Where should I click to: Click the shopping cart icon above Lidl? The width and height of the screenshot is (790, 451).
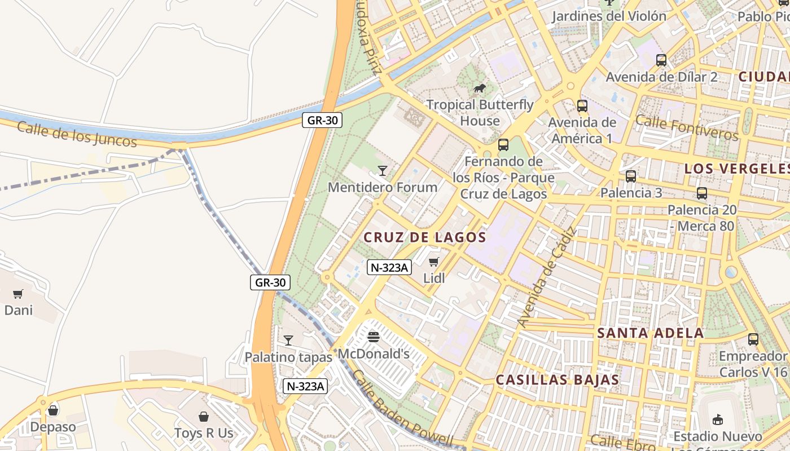(x=433, y=262)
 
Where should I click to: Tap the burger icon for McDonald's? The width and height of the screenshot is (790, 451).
(x=373, y=337)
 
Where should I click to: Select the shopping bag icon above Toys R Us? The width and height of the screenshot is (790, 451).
(x=204, y=417)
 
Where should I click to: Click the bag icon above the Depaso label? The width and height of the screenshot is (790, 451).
(x=53, y=410)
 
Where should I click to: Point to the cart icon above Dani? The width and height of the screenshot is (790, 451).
(x=18, y=294)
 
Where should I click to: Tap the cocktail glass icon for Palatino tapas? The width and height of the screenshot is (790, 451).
(x=288, y=340)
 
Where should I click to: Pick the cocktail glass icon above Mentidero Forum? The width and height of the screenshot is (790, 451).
(x=383, y=170)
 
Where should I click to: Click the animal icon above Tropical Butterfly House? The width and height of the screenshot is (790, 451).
(x=480, y=88)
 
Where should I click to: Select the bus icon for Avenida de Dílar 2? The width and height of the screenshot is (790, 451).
(x=661, y=60)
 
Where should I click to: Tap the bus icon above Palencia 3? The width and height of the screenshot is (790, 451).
(x=631, y=176)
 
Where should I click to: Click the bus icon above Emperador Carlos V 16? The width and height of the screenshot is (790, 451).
(x=753, y=339)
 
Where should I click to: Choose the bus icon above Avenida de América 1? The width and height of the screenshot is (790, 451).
(x=582, y=105)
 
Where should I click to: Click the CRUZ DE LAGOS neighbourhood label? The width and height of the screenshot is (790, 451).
(x=425, y=237)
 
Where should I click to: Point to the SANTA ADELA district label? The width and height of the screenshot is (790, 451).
(x=651, y=333)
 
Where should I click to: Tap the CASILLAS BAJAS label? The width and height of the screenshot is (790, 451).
(x=558, y=380)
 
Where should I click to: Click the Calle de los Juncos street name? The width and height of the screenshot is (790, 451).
(x=77, y=134)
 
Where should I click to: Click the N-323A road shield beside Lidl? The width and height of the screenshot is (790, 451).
(x=389, y=267)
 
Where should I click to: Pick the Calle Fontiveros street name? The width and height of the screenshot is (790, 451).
(x=686, y=127)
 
